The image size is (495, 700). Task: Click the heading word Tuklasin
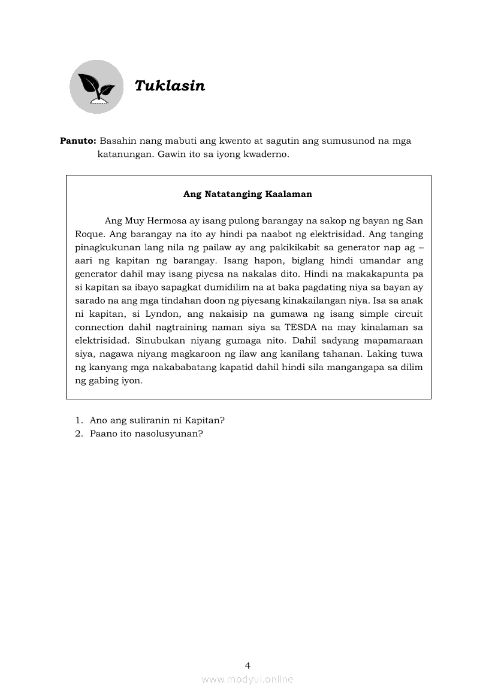pos(170,86)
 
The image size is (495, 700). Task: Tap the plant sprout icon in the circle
pos(96,87)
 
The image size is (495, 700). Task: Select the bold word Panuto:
pos(78,141)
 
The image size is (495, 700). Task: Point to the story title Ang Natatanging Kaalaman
pos(248,194)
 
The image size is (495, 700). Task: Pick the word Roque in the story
pos(90,234)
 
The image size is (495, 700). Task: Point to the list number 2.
pos(78,434)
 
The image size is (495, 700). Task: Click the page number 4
pos(248,665)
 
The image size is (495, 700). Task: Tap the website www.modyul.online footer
pos(248,679)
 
